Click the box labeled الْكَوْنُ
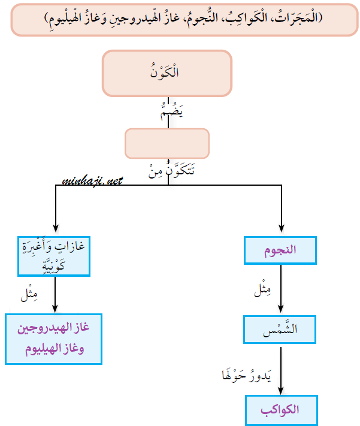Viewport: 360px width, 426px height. pos(167,73)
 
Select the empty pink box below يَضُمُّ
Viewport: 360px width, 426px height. pos(167,143)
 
